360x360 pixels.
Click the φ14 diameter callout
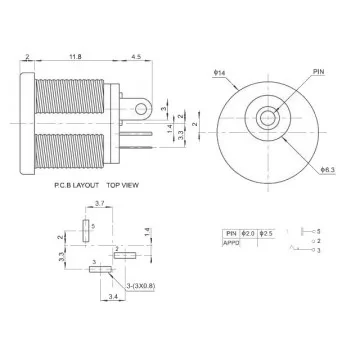pos(218,75)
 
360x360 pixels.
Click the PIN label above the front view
pos(291,73)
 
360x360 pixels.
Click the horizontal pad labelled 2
pos(124,256)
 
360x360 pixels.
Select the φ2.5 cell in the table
pos(266,232)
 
